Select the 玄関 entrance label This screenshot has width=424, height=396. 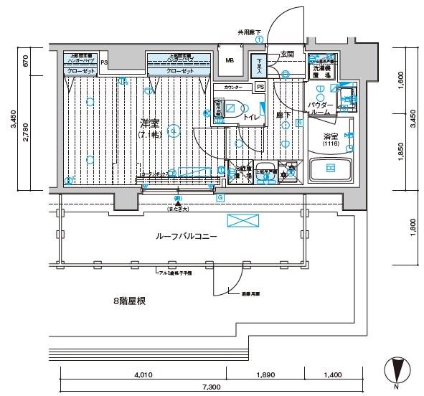(x=288, y=54)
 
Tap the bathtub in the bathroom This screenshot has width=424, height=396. (x=330, y=169)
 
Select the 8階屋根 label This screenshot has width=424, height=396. (x=129, y=301)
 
